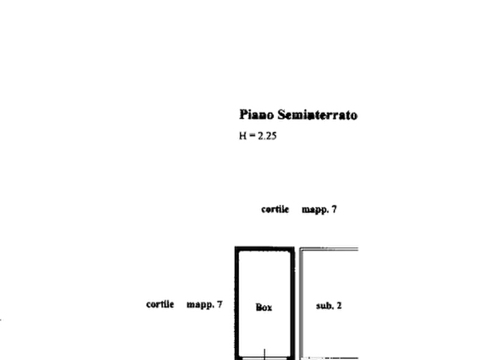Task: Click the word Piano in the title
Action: click(256, 114)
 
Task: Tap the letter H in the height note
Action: click(241, 136)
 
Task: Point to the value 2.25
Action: click(267, 136)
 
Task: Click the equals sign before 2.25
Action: click(251, 136)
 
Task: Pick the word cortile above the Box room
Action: click(275, 209)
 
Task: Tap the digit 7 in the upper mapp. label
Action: click(335, 209)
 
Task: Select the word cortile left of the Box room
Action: click(161, 304)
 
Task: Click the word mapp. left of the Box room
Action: click(200, 304)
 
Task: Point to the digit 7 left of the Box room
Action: click(220, 304)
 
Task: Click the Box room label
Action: click(263, 307)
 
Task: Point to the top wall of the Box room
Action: click(264, 248)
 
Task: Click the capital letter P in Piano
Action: click(243, 114)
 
